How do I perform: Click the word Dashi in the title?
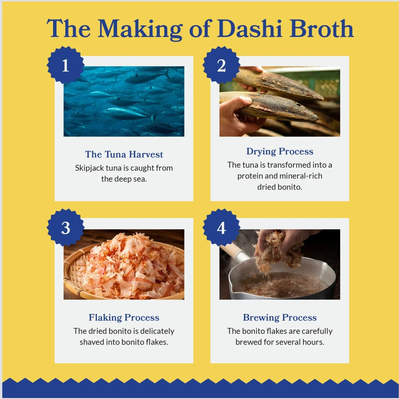tap(250, 28)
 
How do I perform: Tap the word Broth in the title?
tap(322, 28)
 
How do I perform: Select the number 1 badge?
tap(65, 65)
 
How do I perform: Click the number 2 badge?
tap(221, 65)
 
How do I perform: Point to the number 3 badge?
tap(65, 228)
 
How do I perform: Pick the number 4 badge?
tap(221, 228)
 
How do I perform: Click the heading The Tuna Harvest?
tap(124, 154)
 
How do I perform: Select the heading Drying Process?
tap(280, 152)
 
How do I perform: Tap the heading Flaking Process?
tap(124, 318)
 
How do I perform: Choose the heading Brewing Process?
tap(280, 318)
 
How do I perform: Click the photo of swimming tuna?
tap(124, 101)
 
